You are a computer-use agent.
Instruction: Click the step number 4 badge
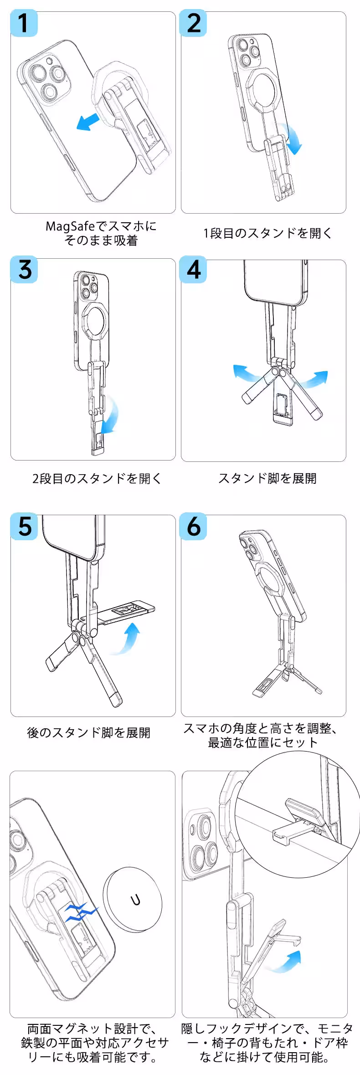194,270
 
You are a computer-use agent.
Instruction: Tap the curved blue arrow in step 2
293,139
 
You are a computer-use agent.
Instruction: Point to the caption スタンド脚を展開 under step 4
267,478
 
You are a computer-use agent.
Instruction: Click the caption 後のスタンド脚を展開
89,732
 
